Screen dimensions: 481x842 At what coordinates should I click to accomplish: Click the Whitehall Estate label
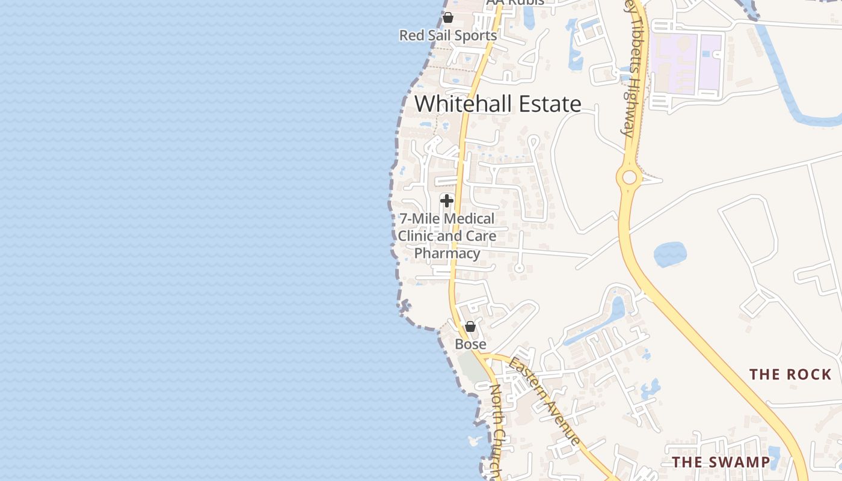497,104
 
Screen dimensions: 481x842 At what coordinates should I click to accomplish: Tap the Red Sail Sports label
448,35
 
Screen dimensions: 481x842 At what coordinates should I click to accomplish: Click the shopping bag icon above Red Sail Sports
448,17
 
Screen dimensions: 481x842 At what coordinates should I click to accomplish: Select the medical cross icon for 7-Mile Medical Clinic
446,200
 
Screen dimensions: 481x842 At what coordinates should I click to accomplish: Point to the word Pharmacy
447,253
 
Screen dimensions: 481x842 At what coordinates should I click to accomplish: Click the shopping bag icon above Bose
470,326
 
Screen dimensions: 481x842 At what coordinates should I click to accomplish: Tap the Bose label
470,345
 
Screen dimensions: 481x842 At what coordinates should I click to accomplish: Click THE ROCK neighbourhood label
790,375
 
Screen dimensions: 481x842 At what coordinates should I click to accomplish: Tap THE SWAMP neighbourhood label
721,462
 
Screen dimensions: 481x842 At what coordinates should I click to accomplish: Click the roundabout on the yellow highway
629,177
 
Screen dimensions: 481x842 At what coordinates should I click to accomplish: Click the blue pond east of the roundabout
669,254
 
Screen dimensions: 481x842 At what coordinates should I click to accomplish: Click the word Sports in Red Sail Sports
475,35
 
